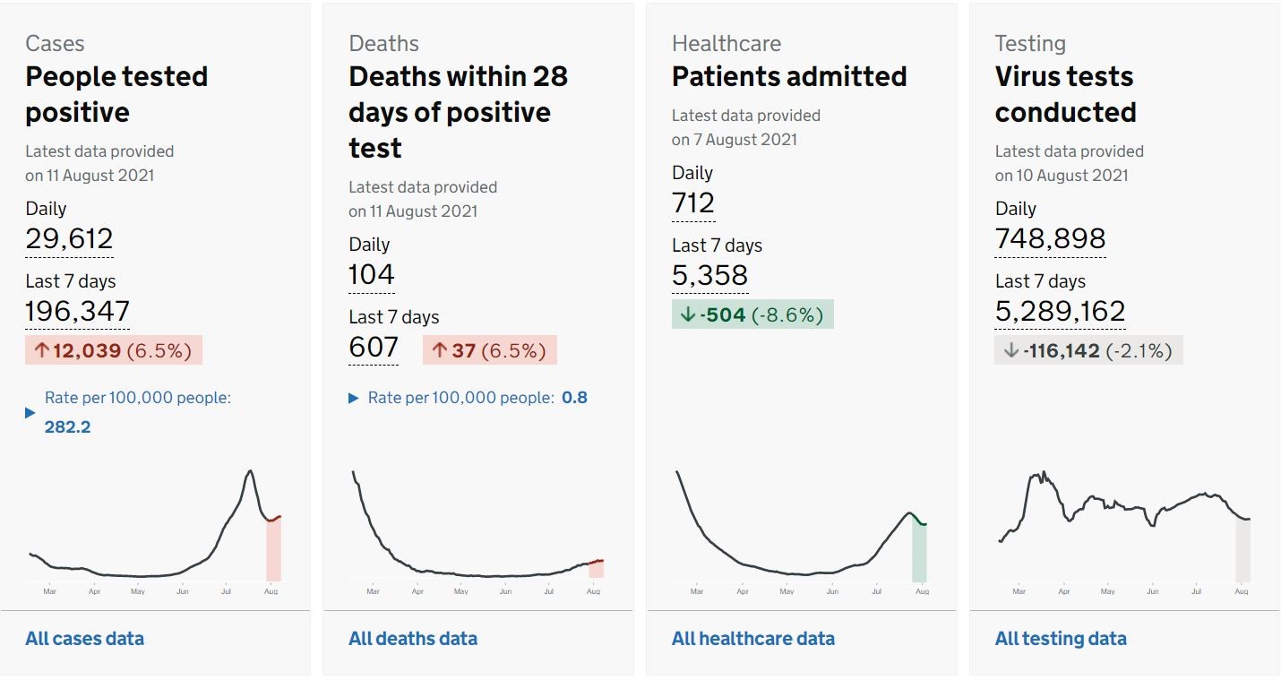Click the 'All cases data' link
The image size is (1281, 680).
click(x=84, y=639)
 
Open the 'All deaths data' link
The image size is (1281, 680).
click(x=413, y=639)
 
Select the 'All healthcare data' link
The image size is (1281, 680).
click(x=753, y=639)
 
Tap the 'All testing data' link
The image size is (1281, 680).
click(x=1061, y=639)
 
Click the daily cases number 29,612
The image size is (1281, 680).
click(x=69, y=239)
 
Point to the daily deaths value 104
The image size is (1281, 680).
click(x=372, y=275)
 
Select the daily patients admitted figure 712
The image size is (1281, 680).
click(x=693, y=203)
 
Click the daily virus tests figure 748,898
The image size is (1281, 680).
click(x=1050, y=239)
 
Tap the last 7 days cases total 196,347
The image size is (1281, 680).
click(x=77, y=311)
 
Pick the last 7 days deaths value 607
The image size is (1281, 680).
click(x=374, y=347)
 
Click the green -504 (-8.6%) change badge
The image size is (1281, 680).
click(x=752, y=314)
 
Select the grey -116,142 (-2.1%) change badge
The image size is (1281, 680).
click(x=1088, y=350)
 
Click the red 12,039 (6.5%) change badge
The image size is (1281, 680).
click(x=114, y=350)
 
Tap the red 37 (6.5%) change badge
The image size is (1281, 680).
click(x=490, y=350)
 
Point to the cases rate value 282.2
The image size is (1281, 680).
click(x=67, y=426)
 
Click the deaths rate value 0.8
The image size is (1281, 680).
click(x=574, y=398)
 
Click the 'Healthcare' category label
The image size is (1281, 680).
click(x=726, y=43)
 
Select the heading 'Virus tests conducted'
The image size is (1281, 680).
click(x=1065, y=94)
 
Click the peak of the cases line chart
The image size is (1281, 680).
click(x=250, y=471)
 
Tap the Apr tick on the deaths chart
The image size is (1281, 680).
click(x=417, y=591)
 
